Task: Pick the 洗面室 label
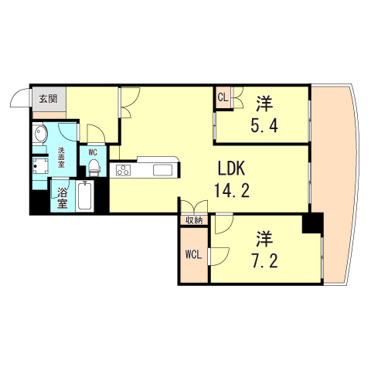pyautogui.click(x=61, y=155)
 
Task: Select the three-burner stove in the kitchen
pyautogui.click(x=123, y=170)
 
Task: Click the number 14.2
pyautogui.click(x=230, y=192)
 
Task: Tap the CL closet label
pyautogui.click(x=223, y=97)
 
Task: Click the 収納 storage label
pyautogui.click(x=193, y=220)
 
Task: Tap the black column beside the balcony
pyautogui.click(x=312, y=224)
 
